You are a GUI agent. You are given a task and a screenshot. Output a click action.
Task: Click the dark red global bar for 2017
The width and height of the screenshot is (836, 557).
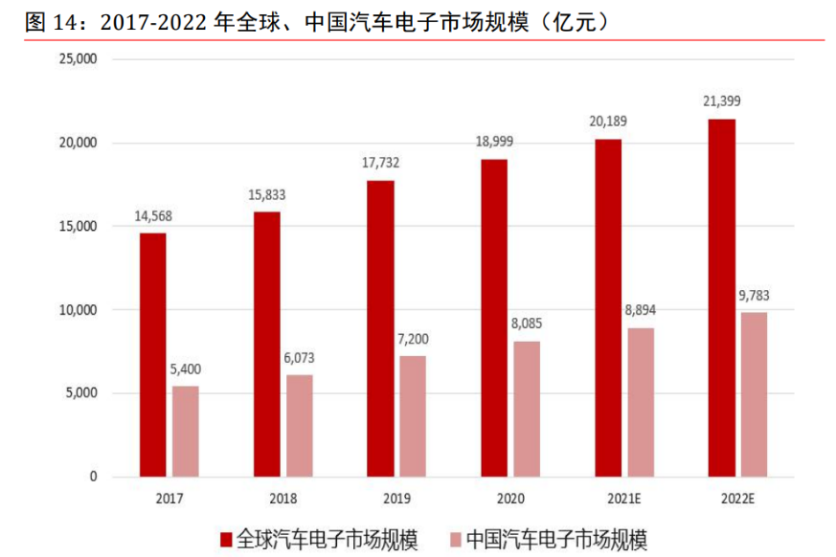tap(152, 354)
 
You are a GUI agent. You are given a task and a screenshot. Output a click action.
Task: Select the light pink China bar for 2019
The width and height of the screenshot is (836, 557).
tap(413, 416)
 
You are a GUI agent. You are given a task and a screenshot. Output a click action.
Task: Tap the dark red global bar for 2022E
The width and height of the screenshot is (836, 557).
tap(721, 298)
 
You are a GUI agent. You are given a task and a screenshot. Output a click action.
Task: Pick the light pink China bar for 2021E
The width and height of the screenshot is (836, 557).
tap(641, 402)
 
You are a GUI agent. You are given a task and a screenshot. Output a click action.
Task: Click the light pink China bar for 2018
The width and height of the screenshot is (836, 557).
tap(299, 425)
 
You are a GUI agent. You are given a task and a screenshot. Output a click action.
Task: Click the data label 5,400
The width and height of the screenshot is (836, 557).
tap(186, 368)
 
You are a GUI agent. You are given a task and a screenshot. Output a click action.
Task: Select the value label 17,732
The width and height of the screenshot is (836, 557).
tap(380, 163)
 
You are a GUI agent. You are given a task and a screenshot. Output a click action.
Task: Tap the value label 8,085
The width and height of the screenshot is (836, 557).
tap(527, 323)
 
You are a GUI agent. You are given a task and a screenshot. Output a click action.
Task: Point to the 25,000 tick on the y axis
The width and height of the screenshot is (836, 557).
tap(78, 59)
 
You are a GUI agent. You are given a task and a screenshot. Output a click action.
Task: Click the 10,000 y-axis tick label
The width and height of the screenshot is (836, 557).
tap(78, 310)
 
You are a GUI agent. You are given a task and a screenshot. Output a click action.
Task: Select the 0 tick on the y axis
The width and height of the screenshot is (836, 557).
tap(92, 477)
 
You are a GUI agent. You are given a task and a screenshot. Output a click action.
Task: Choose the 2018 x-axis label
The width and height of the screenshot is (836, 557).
tap(282, 499)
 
